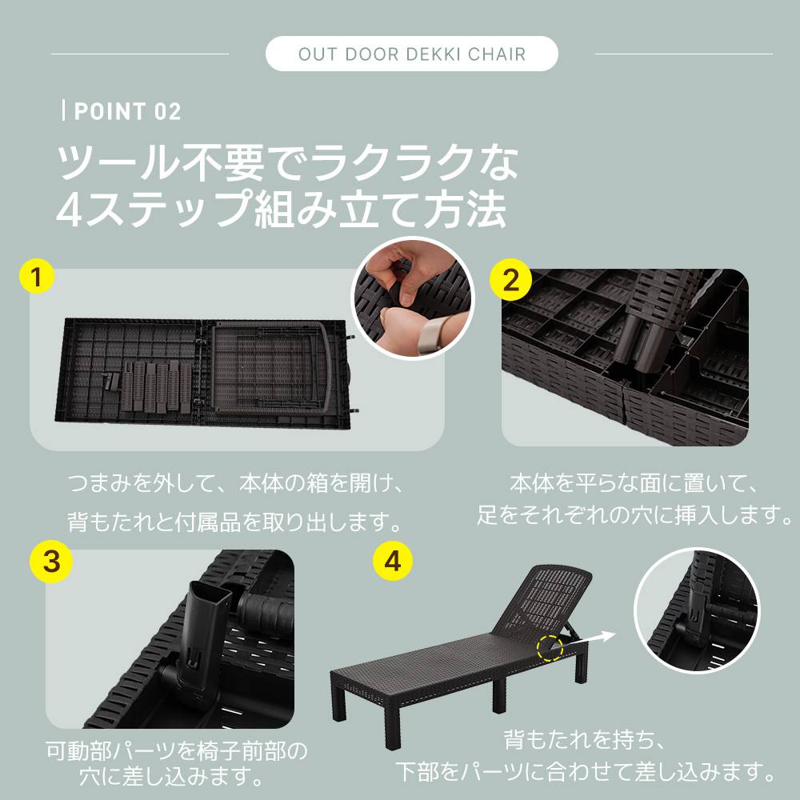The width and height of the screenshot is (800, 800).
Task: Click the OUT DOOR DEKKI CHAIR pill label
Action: coord(412,54)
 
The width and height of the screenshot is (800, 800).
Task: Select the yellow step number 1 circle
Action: coord(36,278)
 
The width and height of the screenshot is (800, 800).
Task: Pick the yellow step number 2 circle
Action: coord(510,280)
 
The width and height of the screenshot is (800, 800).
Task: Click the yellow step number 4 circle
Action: coord(392,562)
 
